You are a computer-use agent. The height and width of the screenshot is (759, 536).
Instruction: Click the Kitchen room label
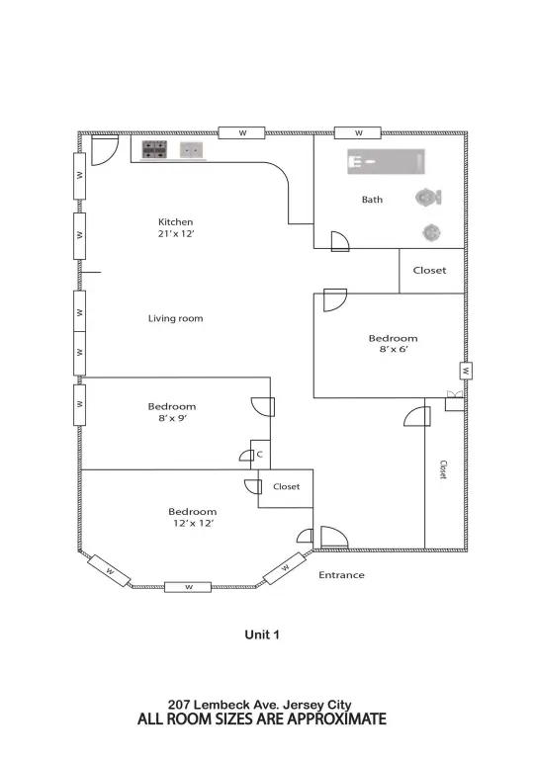click(176, 221)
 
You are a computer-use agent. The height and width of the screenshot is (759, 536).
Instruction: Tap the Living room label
click(175, 318)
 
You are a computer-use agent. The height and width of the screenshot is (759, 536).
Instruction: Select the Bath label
click(372, 200)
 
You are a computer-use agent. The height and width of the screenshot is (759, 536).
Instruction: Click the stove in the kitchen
click(154, 149)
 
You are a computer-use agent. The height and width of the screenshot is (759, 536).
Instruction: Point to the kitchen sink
click(191, 149)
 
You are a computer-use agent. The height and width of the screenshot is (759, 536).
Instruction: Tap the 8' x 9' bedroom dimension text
click(172, 419)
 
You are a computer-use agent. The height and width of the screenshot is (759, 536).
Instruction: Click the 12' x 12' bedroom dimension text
click(192, 524)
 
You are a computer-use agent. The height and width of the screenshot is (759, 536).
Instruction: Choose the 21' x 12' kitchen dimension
click(176, 235)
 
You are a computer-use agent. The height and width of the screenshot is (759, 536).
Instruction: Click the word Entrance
click(341, 575)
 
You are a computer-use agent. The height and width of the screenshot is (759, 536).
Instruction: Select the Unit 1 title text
click(262, 635)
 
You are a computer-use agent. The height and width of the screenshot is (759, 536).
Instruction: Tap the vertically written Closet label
click(443, 469)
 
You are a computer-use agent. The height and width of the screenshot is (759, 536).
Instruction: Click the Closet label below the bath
click(429, 270)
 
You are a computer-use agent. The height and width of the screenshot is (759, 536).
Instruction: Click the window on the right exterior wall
click(464, 371)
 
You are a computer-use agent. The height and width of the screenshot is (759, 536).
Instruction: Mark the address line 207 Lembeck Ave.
click(261, 705)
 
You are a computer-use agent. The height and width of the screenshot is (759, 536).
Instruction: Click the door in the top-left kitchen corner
click(101, 149)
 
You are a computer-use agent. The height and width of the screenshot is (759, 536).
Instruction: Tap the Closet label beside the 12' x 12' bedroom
click(286, 486)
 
